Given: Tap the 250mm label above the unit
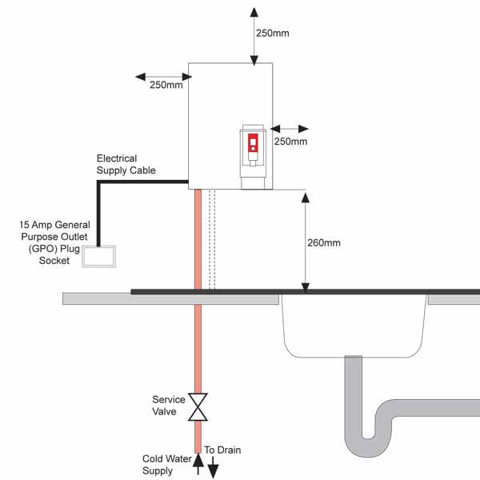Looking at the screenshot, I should tap(273, 34).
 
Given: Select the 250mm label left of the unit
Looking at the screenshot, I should tap(166, 86).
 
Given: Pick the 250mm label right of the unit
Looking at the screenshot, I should tap(290, 141).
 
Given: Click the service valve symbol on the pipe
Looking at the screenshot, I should tap(198, 406).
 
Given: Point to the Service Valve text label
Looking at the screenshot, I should tap(169, 406).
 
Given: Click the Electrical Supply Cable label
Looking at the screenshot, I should tap(126, 164).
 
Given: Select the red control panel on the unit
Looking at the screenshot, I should tap(253, 144).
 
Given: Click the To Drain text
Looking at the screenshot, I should tap(222, 450).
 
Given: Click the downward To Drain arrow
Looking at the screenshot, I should tap(213, 470).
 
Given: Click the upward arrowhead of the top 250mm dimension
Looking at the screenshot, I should tap(254, 12).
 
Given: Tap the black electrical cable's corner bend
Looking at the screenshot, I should tap(99, 183).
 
